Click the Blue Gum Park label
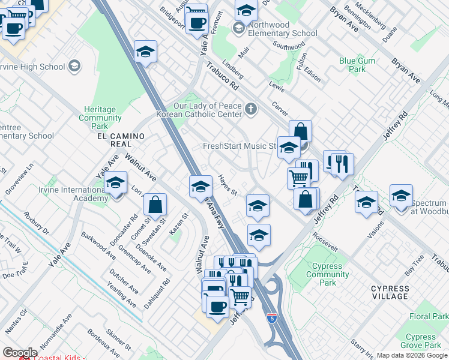point(357,65)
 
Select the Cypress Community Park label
point(327,274)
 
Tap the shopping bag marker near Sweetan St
point(155,205)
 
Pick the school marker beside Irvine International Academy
point(115,182)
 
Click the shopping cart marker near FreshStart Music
point(298,176)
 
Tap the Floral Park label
point(429,316)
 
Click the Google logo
point(20,353)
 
